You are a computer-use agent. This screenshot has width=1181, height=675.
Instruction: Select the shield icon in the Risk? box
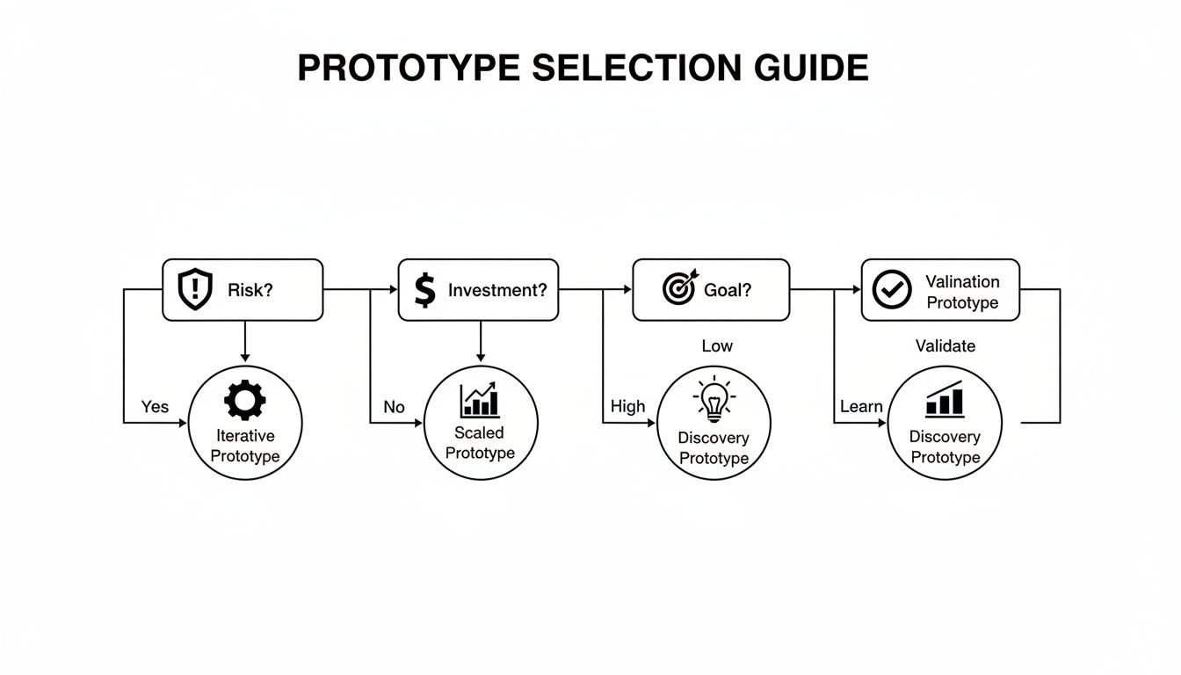(195, 289)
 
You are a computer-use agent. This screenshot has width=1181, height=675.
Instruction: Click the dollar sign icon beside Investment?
(424, 289)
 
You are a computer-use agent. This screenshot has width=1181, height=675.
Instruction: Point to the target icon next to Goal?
(678, 288)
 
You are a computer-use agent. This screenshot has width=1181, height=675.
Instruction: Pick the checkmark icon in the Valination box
(892, 289)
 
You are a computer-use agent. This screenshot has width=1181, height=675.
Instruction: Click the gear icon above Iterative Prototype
(245, 400)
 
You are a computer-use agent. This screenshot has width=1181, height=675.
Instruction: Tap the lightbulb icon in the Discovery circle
(714, 400)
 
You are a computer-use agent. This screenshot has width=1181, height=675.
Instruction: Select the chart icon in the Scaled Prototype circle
(480, 400)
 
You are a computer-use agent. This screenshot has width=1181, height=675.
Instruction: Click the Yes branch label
(155, 407)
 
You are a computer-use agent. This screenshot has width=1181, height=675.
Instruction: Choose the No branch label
(394, 407)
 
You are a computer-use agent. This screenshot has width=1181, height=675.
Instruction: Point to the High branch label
(627, 406)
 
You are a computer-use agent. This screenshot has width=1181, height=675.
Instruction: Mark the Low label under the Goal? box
(717, 346)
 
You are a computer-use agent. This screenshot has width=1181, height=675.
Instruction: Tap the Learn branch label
(861, 406)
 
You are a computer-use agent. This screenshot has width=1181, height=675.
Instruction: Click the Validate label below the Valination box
(945, 346)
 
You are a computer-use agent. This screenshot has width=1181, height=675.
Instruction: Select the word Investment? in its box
(496, 290)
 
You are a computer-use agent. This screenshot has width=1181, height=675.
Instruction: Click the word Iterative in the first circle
(245, 436)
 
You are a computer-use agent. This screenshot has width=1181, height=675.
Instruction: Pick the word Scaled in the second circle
(480, 432)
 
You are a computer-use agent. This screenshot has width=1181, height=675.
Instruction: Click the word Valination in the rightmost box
(962, 281)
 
